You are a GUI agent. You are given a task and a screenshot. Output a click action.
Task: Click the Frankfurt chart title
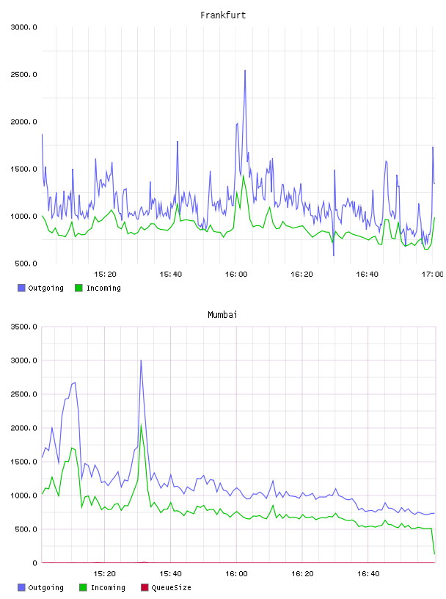point(223,15)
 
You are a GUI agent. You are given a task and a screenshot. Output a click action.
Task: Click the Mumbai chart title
point(222,315)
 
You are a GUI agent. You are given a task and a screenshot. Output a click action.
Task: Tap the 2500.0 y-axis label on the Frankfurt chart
point(24,74)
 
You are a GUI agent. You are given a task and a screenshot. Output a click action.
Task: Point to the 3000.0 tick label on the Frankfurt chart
point(24,27)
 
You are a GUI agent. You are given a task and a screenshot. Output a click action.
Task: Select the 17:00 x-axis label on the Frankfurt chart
point(432,274)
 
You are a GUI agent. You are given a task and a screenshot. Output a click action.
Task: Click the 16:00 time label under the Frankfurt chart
point(236,274)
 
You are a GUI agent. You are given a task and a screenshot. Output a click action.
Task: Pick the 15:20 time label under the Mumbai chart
point(105,573)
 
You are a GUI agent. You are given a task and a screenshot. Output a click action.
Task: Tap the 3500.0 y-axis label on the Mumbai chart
point(24,327)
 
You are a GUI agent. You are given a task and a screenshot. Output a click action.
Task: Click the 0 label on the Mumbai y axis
point(34,563)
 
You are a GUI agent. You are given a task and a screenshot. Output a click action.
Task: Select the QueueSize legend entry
point(171,587)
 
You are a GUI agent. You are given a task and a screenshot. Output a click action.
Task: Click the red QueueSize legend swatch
point(145,587)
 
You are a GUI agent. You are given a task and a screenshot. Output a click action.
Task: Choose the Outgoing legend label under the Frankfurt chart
point(45,288)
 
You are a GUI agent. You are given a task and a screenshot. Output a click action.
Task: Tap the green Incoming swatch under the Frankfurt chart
point(78,288)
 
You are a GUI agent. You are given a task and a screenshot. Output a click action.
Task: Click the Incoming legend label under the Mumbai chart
point(108,587)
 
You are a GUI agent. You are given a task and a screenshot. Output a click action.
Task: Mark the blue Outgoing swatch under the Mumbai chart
point(21,587)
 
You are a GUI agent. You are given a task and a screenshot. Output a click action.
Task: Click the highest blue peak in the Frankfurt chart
point(245,70)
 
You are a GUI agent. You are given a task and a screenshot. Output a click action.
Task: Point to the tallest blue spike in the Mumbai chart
point(141,360)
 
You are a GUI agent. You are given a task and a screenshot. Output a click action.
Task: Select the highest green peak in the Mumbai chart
point(142,425)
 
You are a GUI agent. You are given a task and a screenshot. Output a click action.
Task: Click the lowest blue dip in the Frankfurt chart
point(333,255)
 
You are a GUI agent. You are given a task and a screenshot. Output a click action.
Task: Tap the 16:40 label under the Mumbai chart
point(368,573)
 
